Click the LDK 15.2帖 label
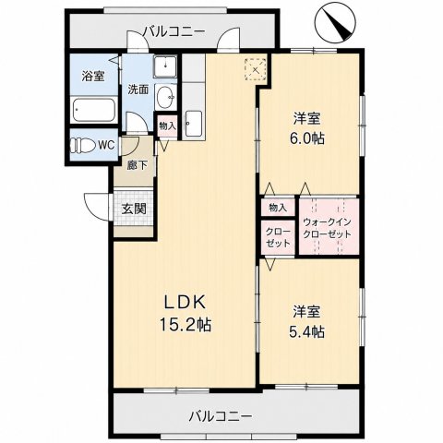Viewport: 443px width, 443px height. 186,313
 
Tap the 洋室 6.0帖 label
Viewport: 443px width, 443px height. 306,128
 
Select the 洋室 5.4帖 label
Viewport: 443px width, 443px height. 306,321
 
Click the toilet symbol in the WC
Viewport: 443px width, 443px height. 82,145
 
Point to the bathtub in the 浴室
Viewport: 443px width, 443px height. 94,110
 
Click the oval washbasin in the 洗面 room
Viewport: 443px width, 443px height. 165,97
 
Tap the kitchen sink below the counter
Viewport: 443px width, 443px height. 194,124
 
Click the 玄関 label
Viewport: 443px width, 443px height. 134,210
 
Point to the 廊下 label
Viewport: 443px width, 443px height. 137,165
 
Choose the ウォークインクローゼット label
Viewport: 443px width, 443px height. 327,228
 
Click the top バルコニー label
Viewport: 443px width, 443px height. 174,31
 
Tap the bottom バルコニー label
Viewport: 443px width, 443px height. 221,416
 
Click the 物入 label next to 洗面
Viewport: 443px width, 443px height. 167,126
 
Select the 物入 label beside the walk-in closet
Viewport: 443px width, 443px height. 278,208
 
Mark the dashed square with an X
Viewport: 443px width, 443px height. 255,69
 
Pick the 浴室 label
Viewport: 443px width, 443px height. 93,76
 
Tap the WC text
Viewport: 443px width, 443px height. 106,145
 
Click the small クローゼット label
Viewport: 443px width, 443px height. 278,237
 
